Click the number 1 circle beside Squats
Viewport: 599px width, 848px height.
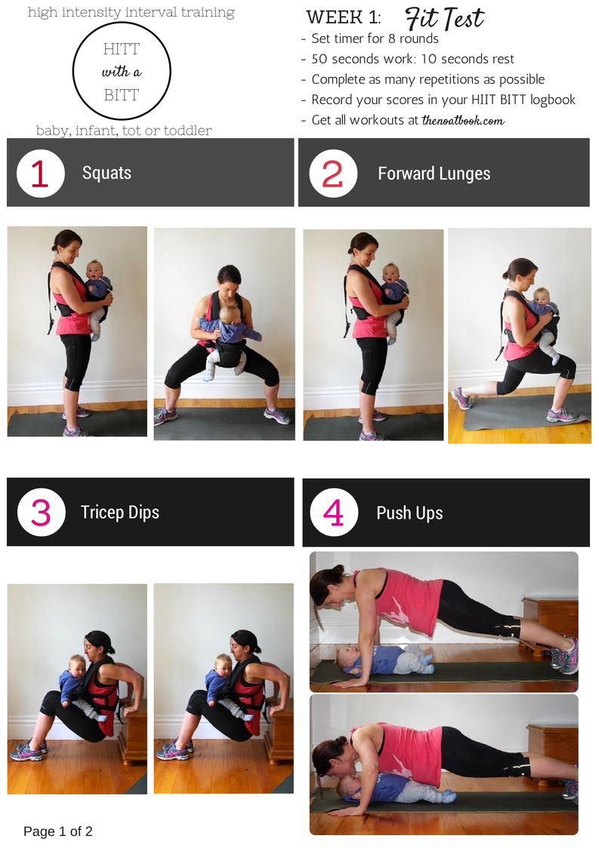pos(41,173)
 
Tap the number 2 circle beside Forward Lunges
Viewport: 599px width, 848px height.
pos(333,174)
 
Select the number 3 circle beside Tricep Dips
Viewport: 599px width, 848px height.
pos(41,512)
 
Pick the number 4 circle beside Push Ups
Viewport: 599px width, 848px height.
pos(334,513)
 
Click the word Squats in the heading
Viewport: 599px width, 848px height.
pos(107,173)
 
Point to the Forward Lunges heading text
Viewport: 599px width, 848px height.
pos(434,174)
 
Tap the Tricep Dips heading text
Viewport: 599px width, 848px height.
pos(119,512)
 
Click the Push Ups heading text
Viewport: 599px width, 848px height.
pos(409,513)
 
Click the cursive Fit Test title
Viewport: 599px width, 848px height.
pos(444,18)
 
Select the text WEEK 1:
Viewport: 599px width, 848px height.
pos(344,18)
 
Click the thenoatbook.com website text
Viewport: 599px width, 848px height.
pos(462,120)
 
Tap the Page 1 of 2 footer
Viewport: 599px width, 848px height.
pos(58,831)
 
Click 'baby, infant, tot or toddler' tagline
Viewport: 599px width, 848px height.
pos(124,131)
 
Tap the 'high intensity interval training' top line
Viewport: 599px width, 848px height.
pos(131,12)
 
